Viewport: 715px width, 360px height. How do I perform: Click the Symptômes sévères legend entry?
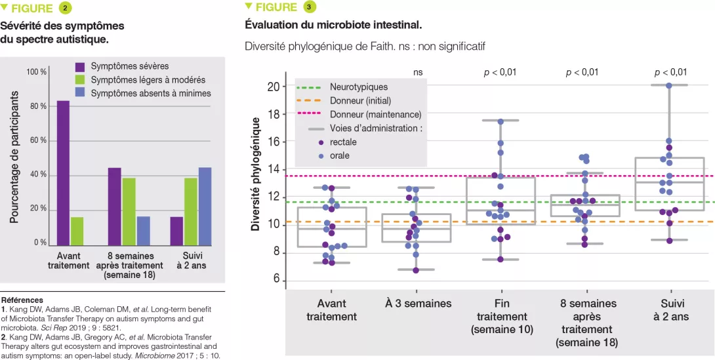coord(129,66)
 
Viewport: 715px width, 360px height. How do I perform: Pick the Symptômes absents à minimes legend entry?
coord(150,93)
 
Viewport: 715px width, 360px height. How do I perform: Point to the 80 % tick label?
coord(37,106)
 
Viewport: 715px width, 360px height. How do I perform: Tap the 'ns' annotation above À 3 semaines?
coord(418,72)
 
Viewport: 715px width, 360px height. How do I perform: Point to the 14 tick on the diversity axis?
coord(274,169)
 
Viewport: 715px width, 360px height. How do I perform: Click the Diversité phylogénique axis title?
coord(256,174)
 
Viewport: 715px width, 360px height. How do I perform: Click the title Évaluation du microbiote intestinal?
coord(333,26)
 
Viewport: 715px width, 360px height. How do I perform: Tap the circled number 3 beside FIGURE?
coord(309,7)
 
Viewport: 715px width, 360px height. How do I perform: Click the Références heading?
coord(22,299)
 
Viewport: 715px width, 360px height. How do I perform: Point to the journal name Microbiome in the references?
coord(153,355)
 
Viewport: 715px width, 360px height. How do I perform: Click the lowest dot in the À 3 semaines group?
coord(415,270)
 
